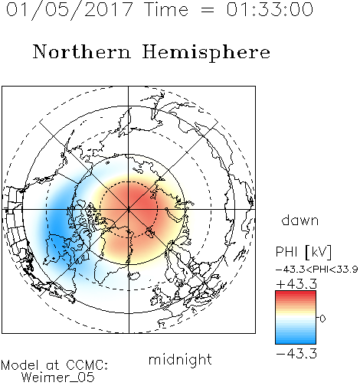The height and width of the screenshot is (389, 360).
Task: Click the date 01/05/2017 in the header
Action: pyautogui.click(x=70, y=10)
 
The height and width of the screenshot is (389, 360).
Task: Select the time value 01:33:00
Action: pyautogui.click(x=270, y=9)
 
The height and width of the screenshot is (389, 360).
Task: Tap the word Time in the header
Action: pyautogui.click(x=166, y=9)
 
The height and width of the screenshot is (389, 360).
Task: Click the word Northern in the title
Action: pyautogui.click(x=82, y=52)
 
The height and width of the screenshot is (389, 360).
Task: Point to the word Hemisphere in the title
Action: pyautogui.click(x=206, y=53)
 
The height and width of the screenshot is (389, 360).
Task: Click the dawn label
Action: pyautogui.click(x=300, y=220)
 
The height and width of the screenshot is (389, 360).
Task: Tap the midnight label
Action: pyautogui.click(x=180, y=359)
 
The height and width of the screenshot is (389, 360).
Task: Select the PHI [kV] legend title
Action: pyautogui.click(x=303, y=252)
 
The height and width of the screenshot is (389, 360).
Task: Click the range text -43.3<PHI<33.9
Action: pyautogui.click(x=317, y=270)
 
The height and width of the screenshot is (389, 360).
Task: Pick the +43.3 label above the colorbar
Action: pyautogui.click(x=296, y=284)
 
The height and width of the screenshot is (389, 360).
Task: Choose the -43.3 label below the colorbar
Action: pyautogui.click(x=296, y=354)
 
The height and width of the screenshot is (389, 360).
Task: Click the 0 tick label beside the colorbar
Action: pyautogui.click(x=322, y=319)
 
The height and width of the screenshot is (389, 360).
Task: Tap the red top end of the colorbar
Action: pyautogui.click(x=296, y=293)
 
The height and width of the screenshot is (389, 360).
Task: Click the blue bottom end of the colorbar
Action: pyautogui.click(x=296, y=341)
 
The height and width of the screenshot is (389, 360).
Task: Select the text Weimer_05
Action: pyautogui.click(x=57, y=378)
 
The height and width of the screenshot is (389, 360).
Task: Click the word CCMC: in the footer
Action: pyautogui.click(x=87, y=365)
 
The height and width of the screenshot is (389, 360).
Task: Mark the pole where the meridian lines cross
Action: pyautogui.click(x=129, y=209)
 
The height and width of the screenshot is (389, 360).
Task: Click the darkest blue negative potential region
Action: pyautogui.click(x=57, y=224)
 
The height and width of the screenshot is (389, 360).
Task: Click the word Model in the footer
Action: pyautogui.click(x=20, y=365)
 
